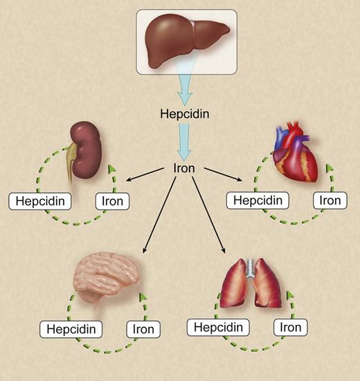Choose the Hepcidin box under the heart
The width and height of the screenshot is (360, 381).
[x=255, y=201]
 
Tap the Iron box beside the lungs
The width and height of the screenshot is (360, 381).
[x=291, y=326]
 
